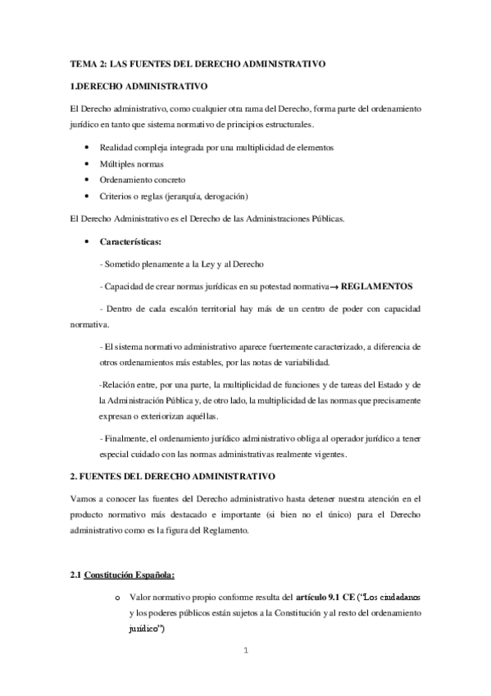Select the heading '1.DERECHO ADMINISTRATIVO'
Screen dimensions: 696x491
pos(140,85)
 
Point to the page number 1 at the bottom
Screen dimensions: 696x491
pos(246,653)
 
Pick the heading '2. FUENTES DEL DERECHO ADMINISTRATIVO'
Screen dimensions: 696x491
pos(178,476)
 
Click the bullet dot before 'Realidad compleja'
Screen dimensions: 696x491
pos(87,148)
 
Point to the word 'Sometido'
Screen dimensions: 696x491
pos(123,263)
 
